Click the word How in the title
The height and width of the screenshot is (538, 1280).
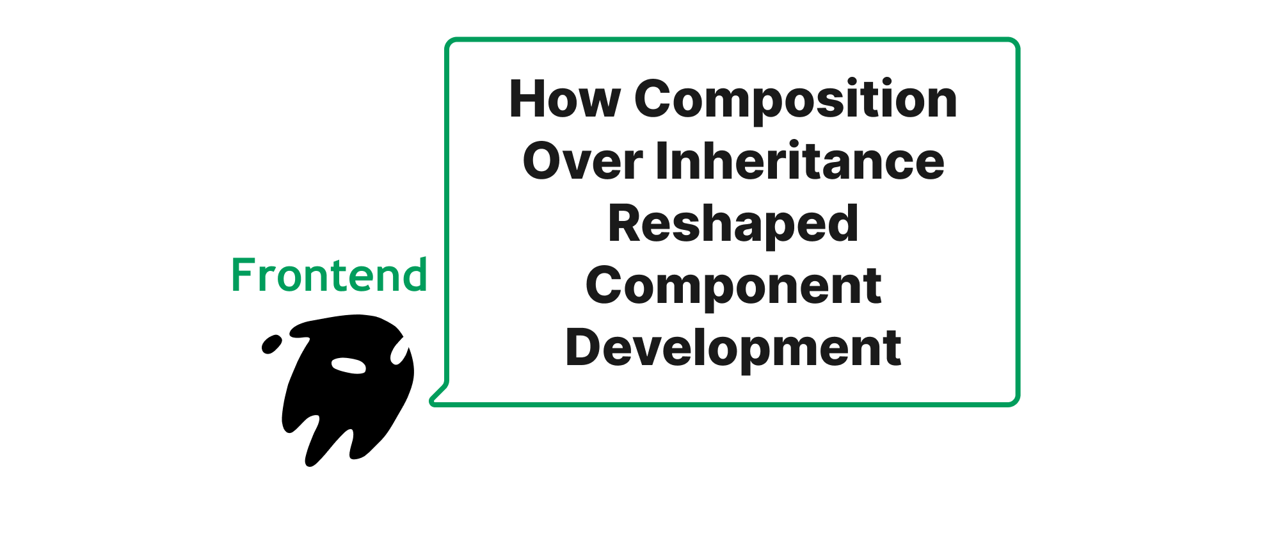pos(564,99)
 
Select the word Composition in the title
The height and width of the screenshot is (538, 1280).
pos(796,101)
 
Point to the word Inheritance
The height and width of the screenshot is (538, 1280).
pos(800,160)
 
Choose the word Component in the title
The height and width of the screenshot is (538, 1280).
pos(733,288)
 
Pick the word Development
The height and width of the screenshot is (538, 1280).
pos(733,348)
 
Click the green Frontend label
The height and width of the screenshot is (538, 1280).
pos(329,275)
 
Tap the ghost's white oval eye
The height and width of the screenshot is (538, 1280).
pos(348,365)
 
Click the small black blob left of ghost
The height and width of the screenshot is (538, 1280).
pos(271,344)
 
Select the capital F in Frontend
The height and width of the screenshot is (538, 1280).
pos(243,275)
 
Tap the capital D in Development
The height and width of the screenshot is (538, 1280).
pos(584,347)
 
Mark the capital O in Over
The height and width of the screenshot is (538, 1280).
pos(543,161)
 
